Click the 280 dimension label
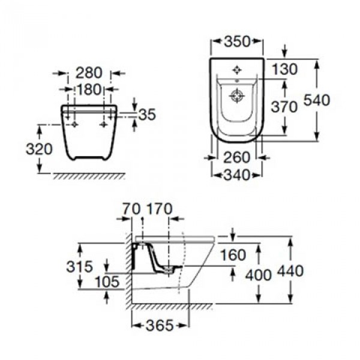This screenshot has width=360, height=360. (89, 73)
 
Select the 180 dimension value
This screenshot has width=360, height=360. (89, 89)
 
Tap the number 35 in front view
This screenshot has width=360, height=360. (147, 114)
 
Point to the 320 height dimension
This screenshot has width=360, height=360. (39, 149)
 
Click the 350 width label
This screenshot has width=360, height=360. (237, 41)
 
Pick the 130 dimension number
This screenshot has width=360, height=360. (284, 69)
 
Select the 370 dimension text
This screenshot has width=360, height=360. (284, 107)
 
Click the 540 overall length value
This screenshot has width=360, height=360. (317, 100)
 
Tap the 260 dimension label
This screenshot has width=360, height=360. (236, 157)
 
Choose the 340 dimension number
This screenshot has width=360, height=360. (236, 175)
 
